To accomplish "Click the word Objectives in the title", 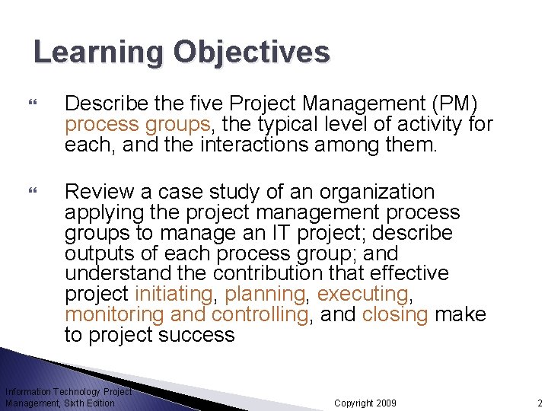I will click(251, 53).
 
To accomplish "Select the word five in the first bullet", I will click(208, 103).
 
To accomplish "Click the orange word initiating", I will click(174, 294).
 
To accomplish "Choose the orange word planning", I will click(264, 294).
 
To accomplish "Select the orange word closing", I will click(395, 314).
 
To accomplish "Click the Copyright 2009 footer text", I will click(365, 403).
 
